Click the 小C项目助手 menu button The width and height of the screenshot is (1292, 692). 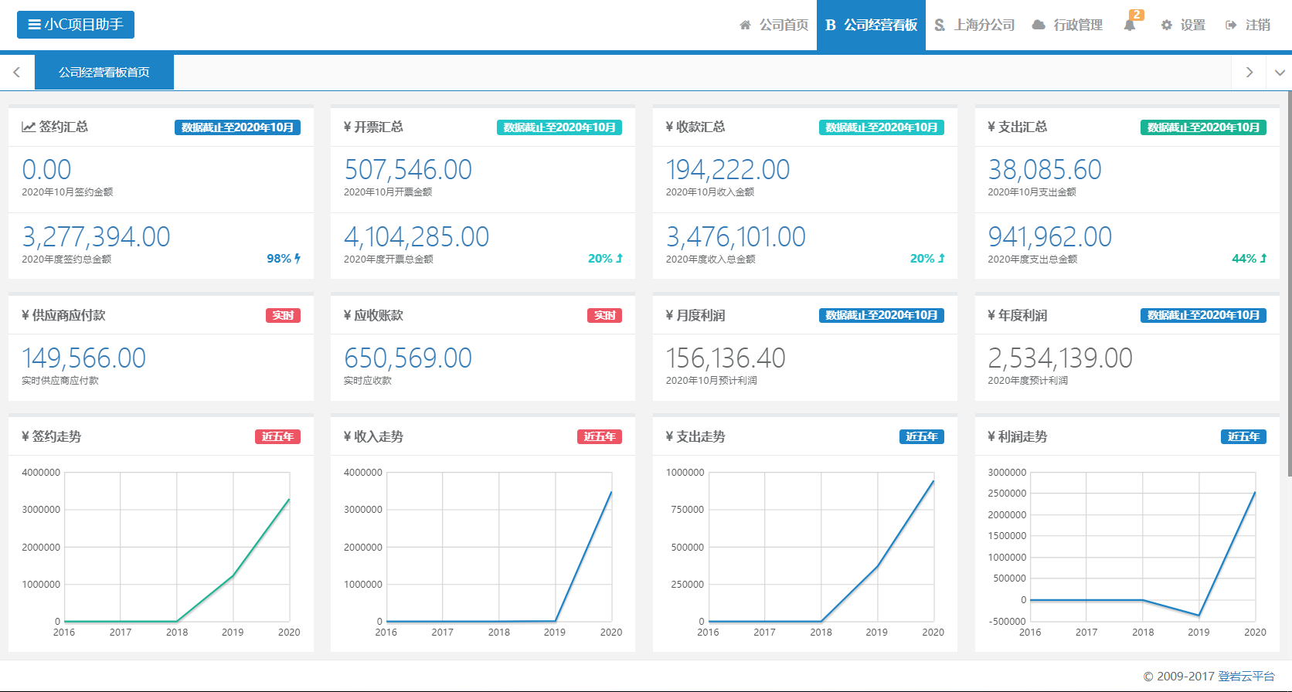tap(76, 25)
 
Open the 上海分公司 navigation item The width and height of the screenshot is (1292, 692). tap(974, 25)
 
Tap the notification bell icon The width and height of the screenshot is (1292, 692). tap(1130, 25)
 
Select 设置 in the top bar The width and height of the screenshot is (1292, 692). tap(1184, 25)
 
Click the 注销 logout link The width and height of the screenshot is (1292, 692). tap(1248, 25)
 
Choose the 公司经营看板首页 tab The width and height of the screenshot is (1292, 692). tap(104, 72)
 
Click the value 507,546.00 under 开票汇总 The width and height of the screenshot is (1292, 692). tap(408, 170)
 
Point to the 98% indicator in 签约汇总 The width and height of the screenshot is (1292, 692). tap(283, 259)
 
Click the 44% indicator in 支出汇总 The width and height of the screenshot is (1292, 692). tap(1249, 259)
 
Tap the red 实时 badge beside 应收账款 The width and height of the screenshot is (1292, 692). tap(604, 315)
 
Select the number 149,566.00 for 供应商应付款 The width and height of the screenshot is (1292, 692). tap(84, 358)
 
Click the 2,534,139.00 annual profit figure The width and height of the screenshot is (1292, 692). tap(1060, 358)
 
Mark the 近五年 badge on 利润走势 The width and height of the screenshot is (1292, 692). tap(1243, 436)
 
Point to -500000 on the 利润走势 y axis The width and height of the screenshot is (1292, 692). tap(1007, 621)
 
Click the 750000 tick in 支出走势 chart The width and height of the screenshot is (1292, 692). tap(687, 509)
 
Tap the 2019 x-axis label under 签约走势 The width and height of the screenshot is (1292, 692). tap(233, 632)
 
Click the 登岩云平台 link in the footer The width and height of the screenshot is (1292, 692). tap(1246, 676)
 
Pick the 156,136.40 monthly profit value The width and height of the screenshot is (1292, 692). tap(726, 358)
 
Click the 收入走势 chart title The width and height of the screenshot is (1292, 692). tap(373, 436)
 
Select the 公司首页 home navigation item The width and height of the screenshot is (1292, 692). tap(774, 25)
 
